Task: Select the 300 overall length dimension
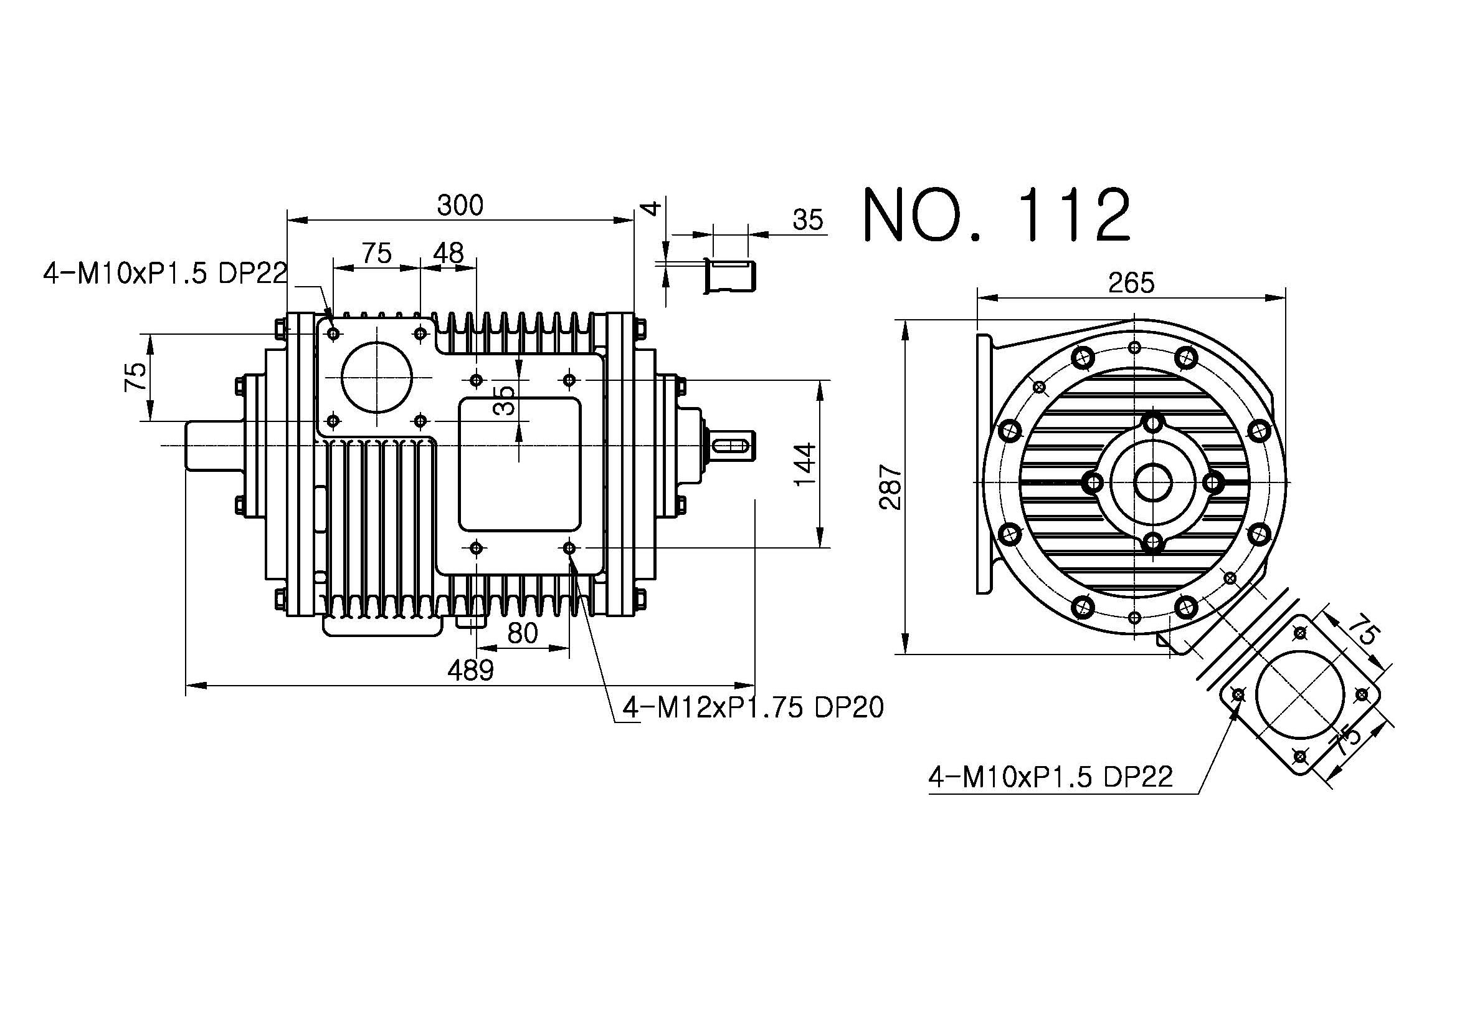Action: click(460, 206)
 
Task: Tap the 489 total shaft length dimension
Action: click(470, 669)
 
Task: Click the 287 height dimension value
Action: click(890, 487)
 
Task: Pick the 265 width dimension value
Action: click(1131, 283)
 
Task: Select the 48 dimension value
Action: click(448, 253)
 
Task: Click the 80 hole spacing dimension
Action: click(523, 633)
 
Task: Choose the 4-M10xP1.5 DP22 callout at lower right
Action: click(1051, 777)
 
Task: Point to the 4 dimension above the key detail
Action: click(652, 208)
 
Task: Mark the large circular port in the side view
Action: click(377, 378)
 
